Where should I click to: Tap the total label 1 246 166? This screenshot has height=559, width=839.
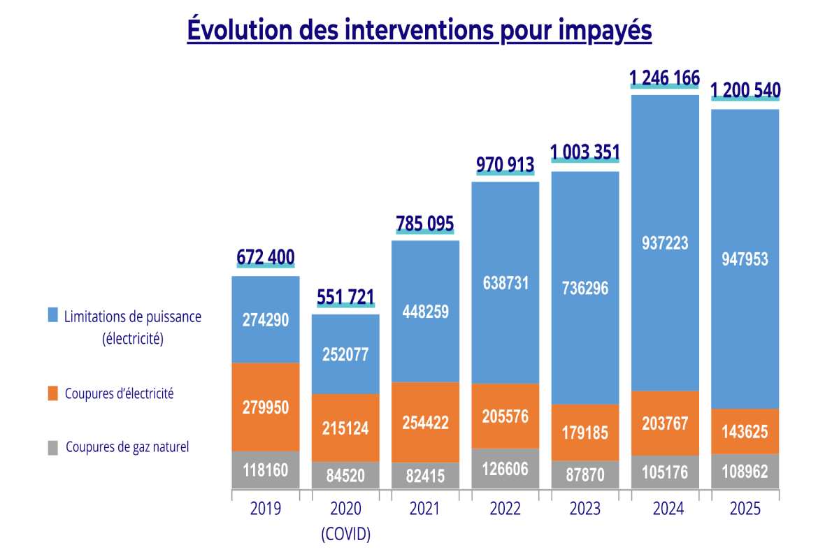tap(664, 78)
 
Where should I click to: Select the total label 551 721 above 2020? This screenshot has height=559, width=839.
tap(345, 298)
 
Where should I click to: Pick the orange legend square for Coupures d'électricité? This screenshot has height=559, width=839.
tap(53, 394)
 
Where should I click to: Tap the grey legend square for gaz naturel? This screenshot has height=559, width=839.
tap(53, 448)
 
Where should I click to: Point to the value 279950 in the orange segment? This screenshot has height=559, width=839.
tap(266, 406)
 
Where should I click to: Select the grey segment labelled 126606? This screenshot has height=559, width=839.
tap(505, 468)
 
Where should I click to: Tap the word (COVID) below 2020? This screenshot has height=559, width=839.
tap(345, 535)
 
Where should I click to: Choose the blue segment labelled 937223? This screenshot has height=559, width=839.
tap(665, 242)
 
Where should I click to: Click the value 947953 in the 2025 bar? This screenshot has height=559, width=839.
tap(745, 259)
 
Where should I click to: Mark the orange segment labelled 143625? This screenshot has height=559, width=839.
tap(745, 432)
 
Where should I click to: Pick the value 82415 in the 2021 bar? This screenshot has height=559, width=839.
tap(425, 475)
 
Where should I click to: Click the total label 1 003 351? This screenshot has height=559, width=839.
tap(585, 152)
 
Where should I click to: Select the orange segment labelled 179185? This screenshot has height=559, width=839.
tap(585, 433)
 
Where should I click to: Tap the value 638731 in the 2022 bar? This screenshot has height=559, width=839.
tap(505, 283)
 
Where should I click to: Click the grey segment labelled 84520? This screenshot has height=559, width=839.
tap(345, 475)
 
